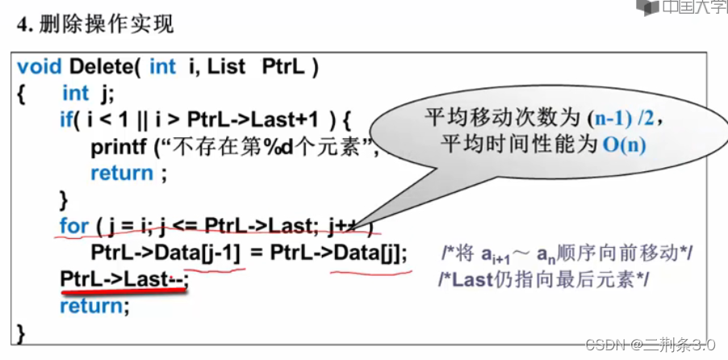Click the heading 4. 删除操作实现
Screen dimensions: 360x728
96,24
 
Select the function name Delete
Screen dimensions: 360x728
104,66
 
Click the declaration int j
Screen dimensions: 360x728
86,94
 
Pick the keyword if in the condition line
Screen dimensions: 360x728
66,120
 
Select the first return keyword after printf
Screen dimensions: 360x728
122,173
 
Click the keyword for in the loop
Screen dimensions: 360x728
73,226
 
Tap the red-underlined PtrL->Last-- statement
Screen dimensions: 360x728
124,279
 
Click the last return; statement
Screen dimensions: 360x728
94,306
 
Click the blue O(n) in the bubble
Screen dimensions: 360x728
622,146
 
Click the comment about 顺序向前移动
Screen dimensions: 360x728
568,253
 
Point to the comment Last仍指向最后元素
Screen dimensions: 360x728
542,279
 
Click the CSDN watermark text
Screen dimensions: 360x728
649,344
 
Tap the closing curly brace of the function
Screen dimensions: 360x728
21,332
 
